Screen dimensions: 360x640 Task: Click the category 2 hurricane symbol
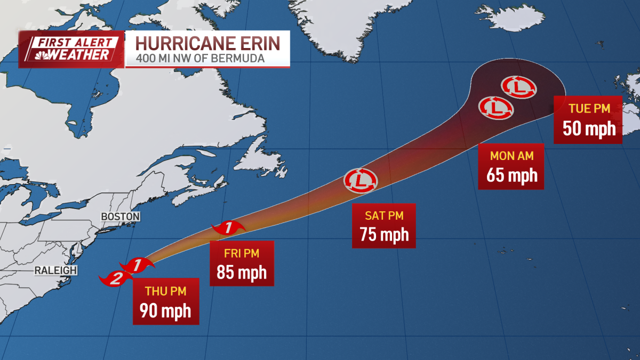pos(113,278)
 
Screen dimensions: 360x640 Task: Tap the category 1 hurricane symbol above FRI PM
pos(228,228)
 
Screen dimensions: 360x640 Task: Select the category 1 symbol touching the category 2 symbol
pos(137,265)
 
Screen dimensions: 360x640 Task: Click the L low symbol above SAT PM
pos(361,180)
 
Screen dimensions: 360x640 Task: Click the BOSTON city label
pos(120,217)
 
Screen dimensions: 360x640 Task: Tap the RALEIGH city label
pos(55,270)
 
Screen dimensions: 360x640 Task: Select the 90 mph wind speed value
pos(165,310)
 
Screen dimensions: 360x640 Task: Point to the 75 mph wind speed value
pos(384,234)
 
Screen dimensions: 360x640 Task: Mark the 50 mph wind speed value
pos(588,129)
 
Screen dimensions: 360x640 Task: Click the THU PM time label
pos(165,292)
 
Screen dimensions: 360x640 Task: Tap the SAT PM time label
pos(384,216)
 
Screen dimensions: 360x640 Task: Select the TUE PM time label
pos(588,109)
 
